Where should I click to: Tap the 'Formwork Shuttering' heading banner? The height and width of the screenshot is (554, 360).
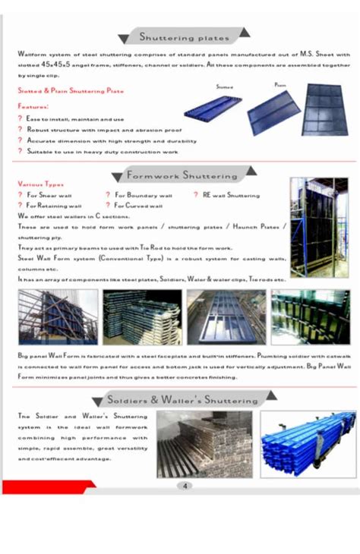click(x=182, y=175)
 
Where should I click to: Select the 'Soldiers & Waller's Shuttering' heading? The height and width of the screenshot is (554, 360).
click(x=182, y=399)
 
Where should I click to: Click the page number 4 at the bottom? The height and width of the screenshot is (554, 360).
click(x=185, y=486)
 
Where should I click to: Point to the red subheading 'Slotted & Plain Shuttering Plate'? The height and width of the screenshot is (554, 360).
click(x=71, y=91)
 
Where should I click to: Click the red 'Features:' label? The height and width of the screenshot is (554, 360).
click(x=33, y=106)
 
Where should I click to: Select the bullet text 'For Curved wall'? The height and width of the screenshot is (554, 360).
click(x=139, y=205)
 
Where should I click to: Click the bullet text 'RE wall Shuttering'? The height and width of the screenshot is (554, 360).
click(x=231, y=195)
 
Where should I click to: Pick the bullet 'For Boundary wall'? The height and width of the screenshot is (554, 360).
click(x=144, y=195)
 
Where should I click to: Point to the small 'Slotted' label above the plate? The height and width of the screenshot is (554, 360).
click(x=225, y=88)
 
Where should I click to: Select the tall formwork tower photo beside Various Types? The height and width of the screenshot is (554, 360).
click(x=319, y=227)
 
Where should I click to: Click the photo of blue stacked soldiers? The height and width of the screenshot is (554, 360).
click(x=308, y=443)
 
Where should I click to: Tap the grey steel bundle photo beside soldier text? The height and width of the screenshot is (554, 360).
click(x=204, y=443)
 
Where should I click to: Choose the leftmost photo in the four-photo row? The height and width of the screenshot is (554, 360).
click(x=58, y=316)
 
